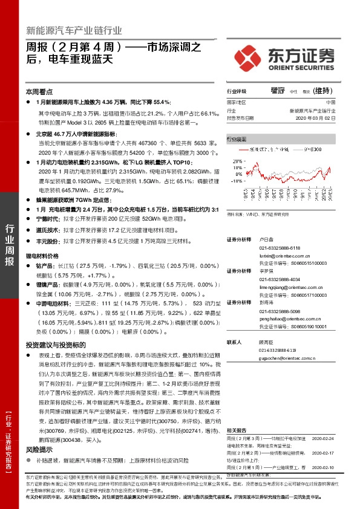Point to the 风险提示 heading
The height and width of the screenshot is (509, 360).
(38, 432)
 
